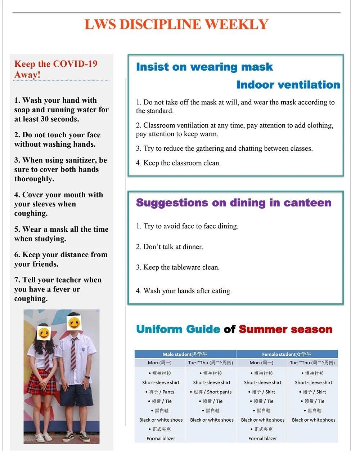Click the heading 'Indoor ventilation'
[x=288, y=85]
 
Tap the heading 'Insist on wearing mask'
[x=204, y=67]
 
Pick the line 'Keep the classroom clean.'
[x=182, y=163]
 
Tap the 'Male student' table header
[x=185, y=354]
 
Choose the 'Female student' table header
[x=287, y=354]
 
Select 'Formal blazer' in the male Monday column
[x=161, y=439]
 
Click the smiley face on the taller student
[x=74, y=323]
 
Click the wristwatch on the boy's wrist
[x=87, y=377]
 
